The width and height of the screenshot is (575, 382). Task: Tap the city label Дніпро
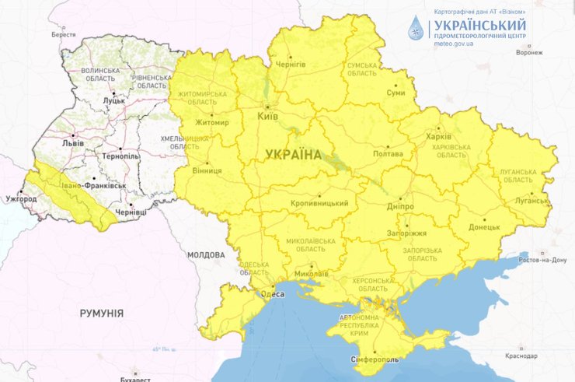pos(399,207)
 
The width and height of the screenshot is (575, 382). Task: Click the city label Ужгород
pos(21,199)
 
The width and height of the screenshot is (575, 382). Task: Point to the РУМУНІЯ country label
pos(101,313)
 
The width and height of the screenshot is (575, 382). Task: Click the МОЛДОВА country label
pos(206,255)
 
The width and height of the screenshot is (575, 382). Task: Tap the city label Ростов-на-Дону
pos(543,261)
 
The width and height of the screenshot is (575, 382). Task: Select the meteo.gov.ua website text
pos(454,44)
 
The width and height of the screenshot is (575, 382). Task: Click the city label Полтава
pos(389,154)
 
